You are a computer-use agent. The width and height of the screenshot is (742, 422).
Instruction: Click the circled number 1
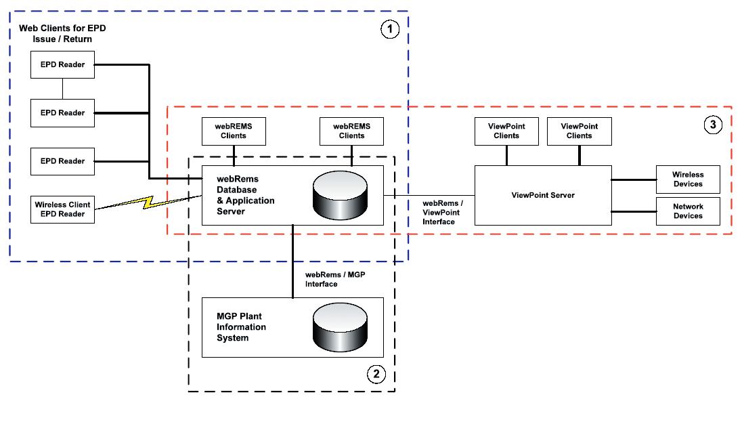(390, 29)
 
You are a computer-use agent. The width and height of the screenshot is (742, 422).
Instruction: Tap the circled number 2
(376, 373)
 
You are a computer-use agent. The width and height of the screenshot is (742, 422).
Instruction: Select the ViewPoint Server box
(542, 195)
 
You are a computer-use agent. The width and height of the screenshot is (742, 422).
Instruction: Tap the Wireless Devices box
(687, 180)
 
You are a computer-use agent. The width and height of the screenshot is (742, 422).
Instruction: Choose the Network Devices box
(687, 211)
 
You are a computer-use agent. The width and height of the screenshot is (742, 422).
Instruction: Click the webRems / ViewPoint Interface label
(441, 212)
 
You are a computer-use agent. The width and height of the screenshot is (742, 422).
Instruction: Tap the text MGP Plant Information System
(242, 327)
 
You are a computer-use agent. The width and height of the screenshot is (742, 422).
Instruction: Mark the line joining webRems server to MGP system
(292, 261)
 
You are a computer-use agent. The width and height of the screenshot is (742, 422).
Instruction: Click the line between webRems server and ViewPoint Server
(429, 195)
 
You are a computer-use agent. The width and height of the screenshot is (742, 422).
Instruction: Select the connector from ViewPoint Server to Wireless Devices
(634, 180)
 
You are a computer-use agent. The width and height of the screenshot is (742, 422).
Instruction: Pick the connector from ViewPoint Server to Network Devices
(634, 211)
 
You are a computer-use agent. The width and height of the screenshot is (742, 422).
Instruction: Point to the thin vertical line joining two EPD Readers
(62, 88)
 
